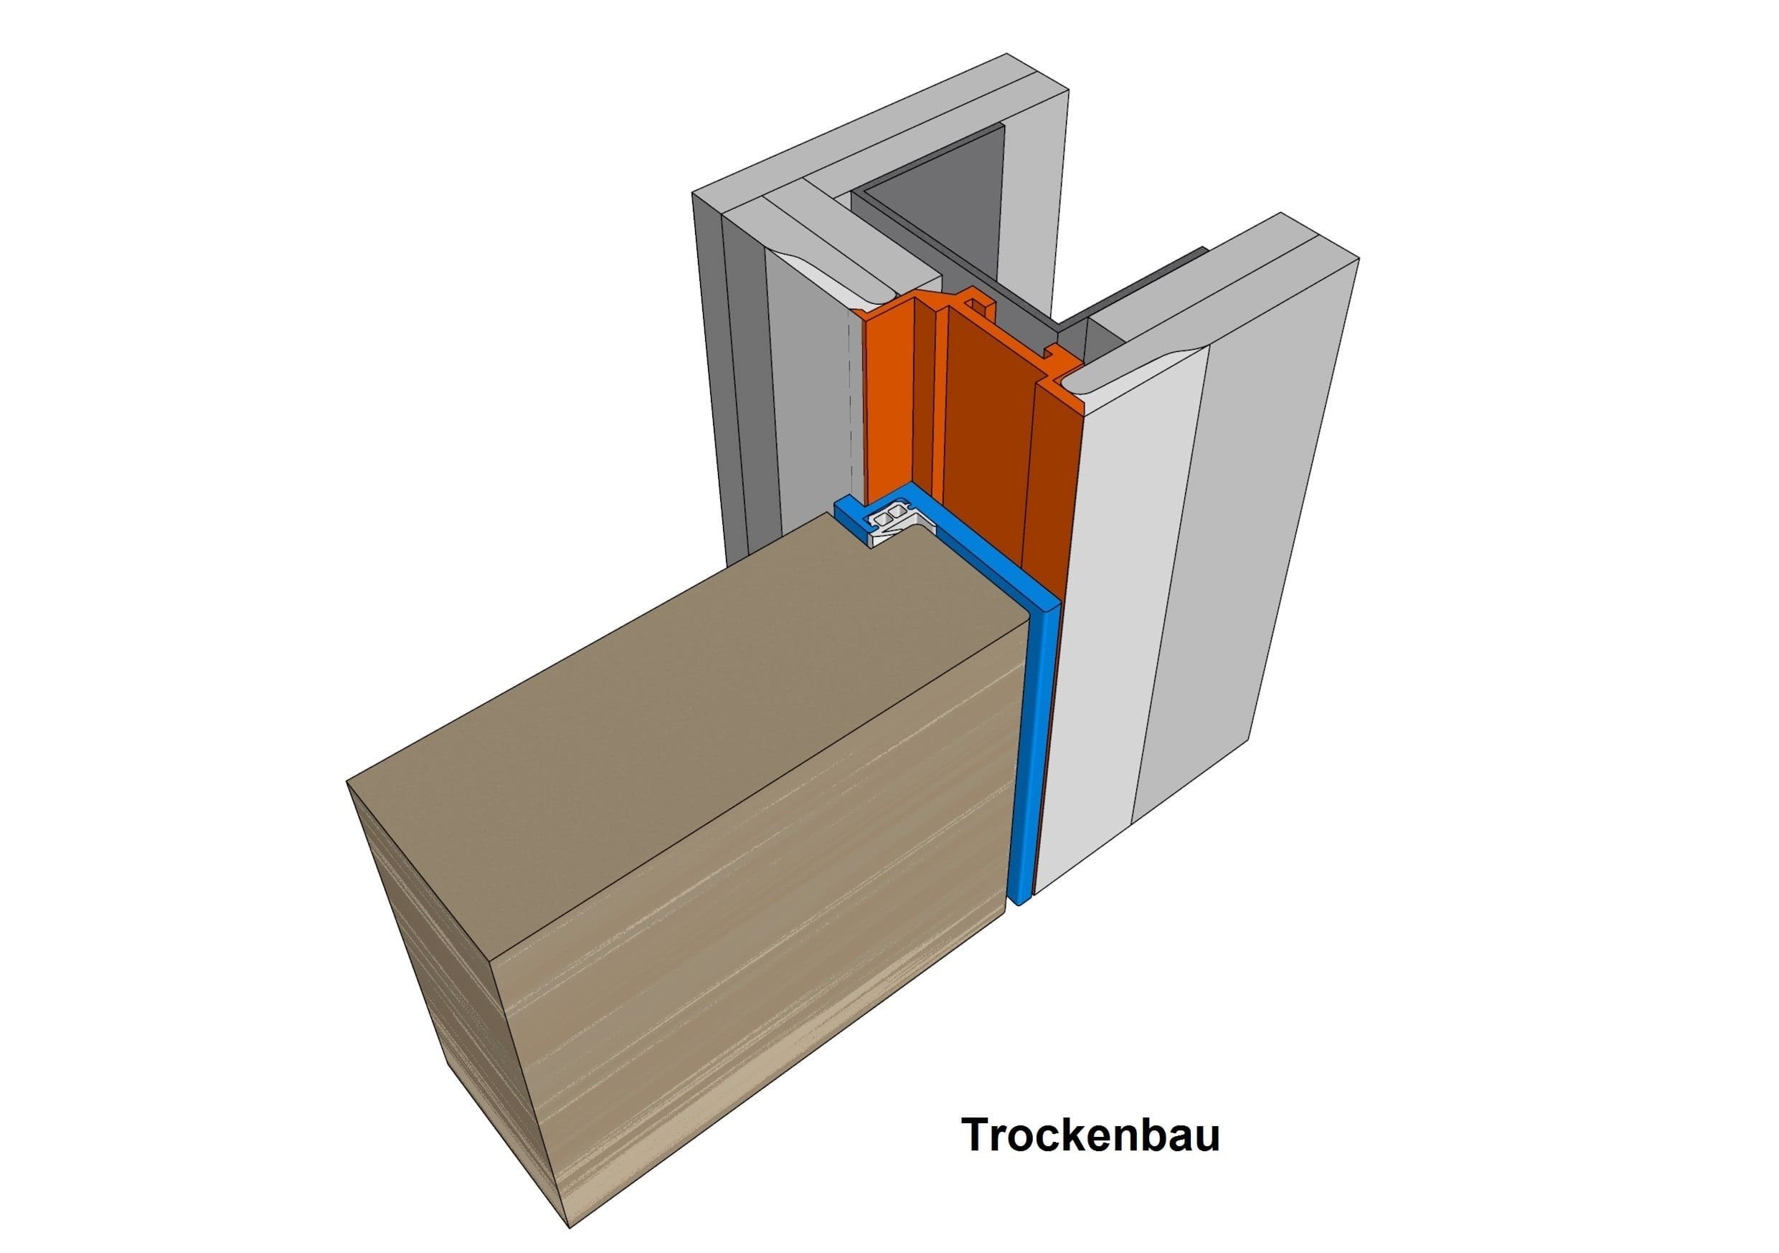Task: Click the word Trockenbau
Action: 1091,1135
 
